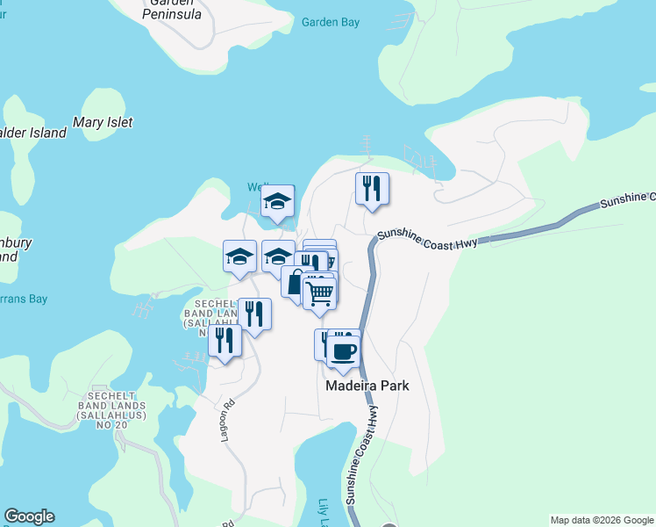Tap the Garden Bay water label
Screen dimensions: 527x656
tap(331, 22)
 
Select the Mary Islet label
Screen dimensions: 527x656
tap(103, 123)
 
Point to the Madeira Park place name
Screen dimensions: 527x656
tap(367, 386)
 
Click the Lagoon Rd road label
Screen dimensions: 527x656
tap(229, 421)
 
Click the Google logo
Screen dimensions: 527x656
tap(29, 516)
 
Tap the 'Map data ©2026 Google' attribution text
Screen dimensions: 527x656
tap(601, 520)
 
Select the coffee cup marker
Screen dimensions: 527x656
tap(343, 350)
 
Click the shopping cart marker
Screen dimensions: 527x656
tap(319, 293)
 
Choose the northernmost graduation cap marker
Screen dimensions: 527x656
tap(278, 201)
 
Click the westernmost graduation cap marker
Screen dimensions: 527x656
tap(239, 256)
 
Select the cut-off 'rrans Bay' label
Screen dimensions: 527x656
tap(24, 299)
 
